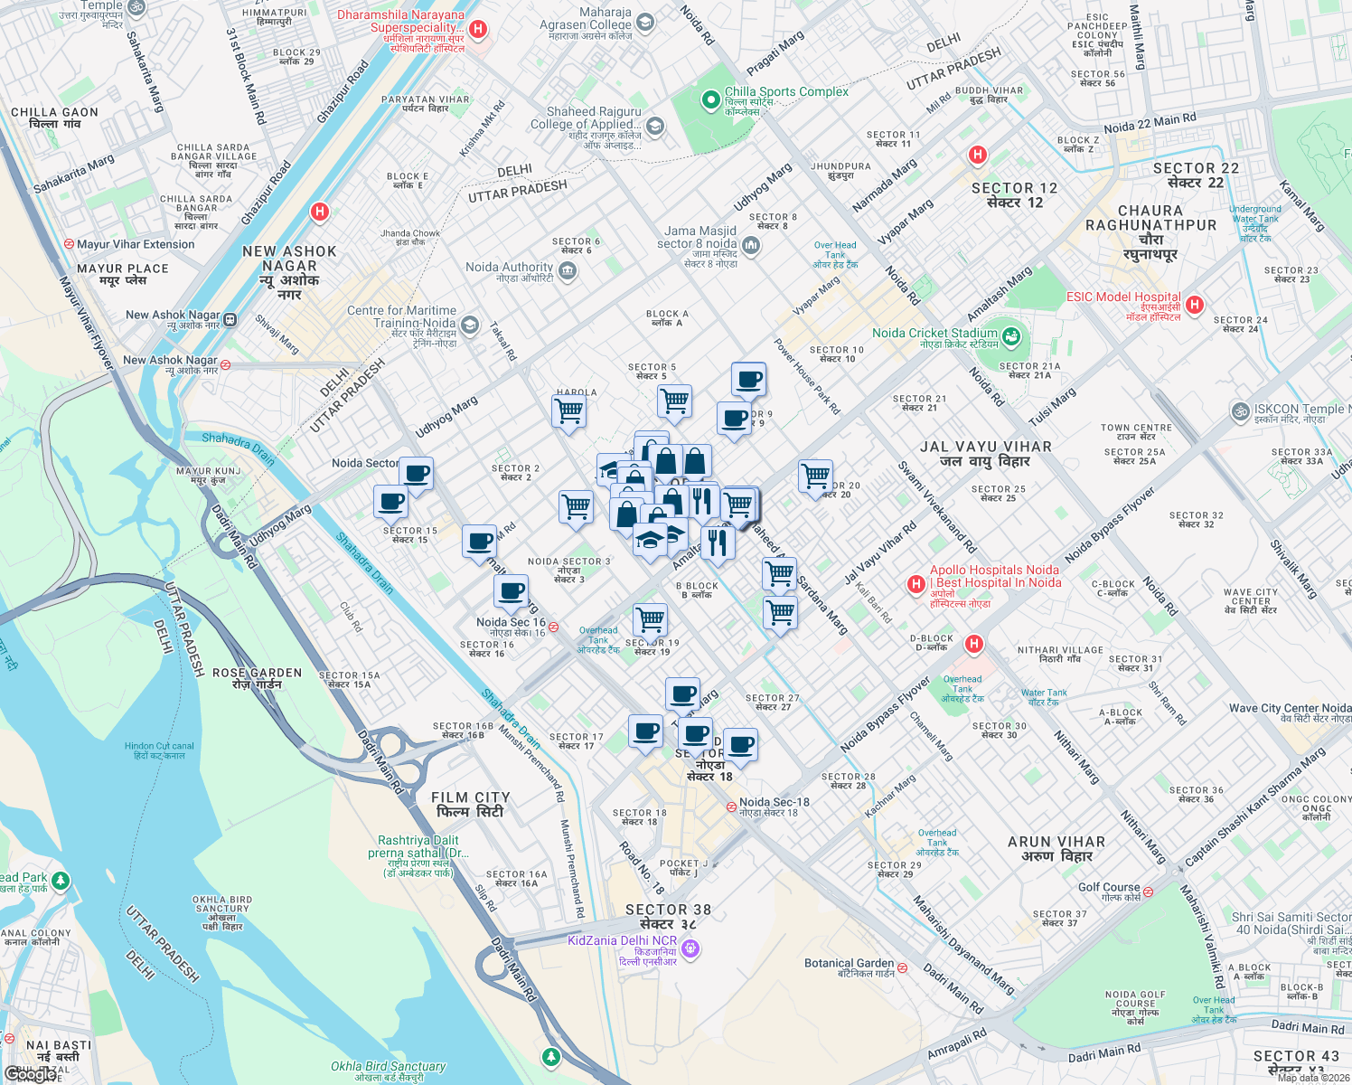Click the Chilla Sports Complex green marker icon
pyautogui.click(x=711, y=99)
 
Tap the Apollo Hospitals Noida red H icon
pyautogui.click(x=915, y=585)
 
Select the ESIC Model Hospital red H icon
pyautogui.click(x=1194, y=305)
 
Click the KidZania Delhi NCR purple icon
pyautogui.click(x=691, y=948)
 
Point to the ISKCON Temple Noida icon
pyautogui.click(x=1240, y=411)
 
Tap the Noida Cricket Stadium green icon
pyautogui.click(x=1011, y=338)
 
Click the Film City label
pyautogui.click(x=470, y=805)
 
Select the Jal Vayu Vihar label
pyautogui.click(x=985, y=454)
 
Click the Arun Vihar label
pyautogui.click(x=1056, y=848)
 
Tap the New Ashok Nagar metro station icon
pyautogui.click(x=230, y=319)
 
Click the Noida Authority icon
pyautogui.click(x=568, y=271)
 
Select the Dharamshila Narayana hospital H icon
pyautogui.click(x=478, y=29)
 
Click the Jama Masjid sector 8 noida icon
pyautogui.click(x=751, y=245)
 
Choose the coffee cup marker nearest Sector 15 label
pyautogui.click(x=391, y=500)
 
